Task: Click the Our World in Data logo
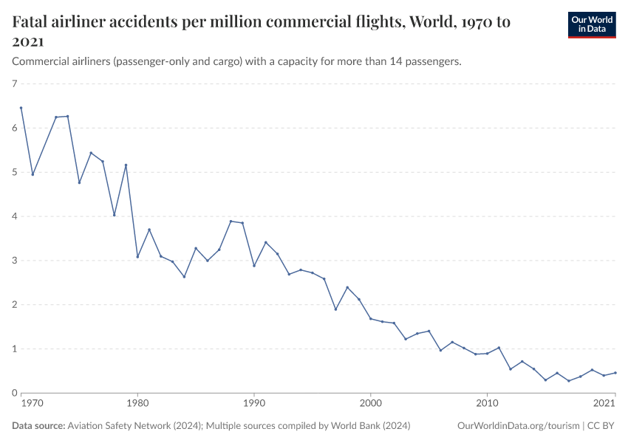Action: point(591,24)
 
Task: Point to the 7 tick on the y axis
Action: point(14,84)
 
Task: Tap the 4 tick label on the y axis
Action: point(14,216)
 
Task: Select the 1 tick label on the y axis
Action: point(14,348)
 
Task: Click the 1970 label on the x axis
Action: point(32,404)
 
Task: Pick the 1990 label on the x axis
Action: point(254,404)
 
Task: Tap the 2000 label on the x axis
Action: point(370,404)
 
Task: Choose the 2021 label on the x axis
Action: point(604,404)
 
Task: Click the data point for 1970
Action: point(21,108)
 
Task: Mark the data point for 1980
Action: point(137,257)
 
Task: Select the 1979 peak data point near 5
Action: point(126,165)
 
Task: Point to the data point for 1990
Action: point(254,266)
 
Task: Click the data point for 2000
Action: point(370,318)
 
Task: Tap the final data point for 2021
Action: point(615,373)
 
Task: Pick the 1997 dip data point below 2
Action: point(335,309)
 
